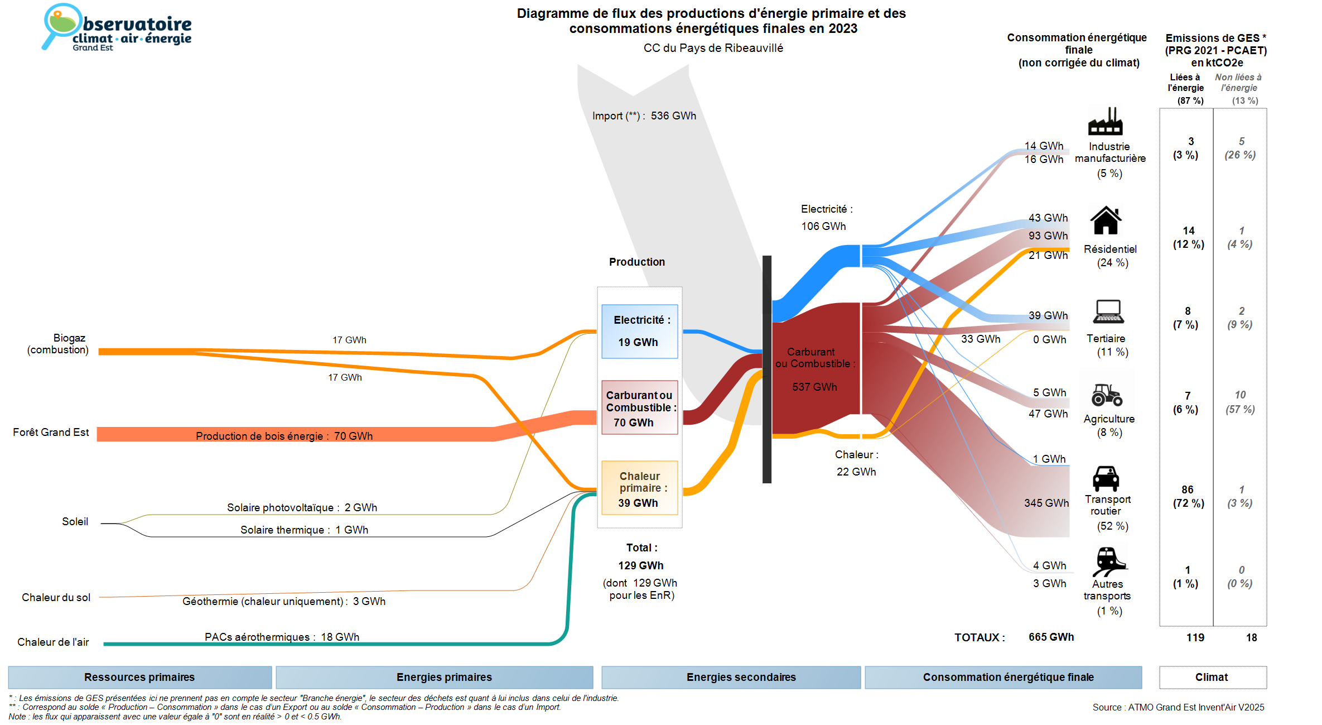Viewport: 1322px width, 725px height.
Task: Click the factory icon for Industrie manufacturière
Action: coord(1105,122)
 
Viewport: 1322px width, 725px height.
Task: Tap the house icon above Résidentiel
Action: coord(1106,220)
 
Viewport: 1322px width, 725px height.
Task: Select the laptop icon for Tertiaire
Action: coord(1108,312)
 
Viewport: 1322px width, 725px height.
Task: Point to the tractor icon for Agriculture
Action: coord(1107,395)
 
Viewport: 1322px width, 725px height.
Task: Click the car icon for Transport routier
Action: coord(1106,478)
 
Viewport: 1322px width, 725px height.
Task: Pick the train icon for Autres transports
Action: coord(1108,561)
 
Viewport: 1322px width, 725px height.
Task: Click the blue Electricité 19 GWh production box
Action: coord(639,332)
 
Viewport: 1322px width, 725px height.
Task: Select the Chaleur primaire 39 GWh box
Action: coord(639,488)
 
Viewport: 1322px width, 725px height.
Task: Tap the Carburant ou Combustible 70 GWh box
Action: coord(639,408)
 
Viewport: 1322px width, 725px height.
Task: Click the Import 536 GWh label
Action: coord(644,116)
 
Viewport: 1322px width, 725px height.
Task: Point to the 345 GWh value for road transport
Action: coord(1046,503)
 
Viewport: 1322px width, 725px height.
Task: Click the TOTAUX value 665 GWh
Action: coord(1051,637)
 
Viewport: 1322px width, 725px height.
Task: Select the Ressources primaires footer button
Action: coord(139,677)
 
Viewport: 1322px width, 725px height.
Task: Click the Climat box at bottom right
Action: coord(1212,677)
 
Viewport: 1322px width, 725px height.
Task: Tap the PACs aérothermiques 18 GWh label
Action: coord(282,637)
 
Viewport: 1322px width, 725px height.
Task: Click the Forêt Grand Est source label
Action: coord(51,432)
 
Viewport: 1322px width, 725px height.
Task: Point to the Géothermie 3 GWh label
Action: coord(284,601)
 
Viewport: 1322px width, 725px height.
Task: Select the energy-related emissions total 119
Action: coord(1195,637)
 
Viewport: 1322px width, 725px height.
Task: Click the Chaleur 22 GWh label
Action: coord(856,463)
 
